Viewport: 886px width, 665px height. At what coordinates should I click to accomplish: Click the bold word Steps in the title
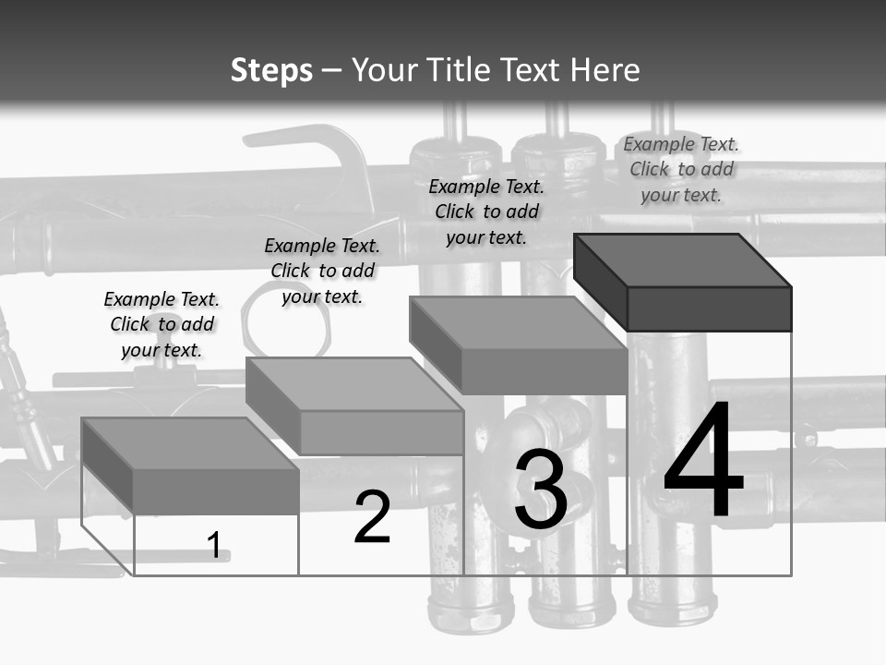[x=271, y=70]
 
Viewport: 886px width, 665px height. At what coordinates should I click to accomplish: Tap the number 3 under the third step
[x=541, y=490]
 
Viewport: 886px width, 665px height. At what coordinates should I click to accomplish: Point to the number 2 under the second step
[x=373, y=517]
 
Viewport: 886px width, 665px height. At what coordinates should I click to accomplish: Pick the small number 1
[x=214, y=545]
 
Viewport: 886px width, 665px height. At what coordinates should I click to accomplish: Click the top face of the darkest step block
[x=681, y=260]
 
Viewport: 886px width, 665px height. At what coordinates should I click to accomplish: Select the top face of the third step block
[x=518, y=323]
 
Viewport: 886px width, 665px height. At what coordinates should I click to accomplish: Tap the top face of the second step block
[x=354, y=383]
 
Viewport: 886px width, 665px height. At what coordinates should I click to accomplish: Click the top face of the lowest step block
[x=190, y=443]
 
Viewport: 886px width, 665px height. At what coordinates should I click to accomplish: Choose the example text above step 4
[x=681, y=169]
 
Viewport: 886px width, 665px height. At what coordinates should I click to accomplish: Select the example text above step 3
[x=486, y=212]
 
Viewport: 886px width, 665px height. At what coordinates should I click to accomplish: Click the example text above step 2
[x=322, y=271]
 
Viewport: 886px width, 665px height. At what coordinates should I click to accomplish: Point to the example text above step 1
[x=162, y=324]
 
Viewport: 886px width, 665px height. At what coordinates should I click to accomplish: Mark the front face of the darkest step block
[x=709, y=308]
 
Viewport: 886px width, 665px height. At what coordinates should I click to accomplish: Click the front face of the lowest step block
[x=216, y=491]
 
